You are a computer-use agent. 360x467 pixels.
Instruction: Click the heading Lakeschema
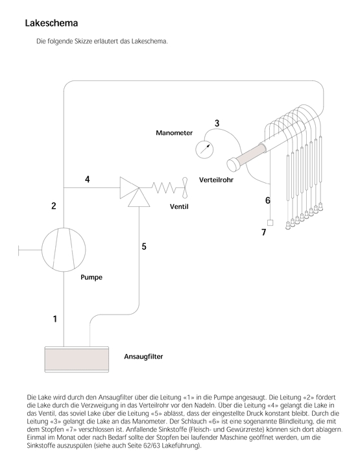(x=51, y=23)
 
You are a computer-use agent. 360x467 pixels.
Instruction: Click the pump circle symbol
(x=63, y=248)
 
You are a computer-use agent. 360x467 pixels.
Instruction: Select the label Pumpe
(x=91, y=277)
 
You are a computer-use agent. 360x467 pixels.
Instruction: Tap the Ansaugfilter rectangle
(x=76, y=359)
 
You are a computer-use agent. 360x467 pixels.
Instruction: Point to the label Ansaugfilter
(x=143, y=357)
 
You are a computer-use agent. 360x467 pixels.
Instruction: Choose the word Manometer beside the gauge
(x=174, y=133)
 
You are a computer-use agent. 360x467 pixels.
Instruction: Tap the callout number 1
(x=55, y=318)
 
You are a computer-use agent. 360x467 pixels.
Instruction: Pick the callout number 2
(x=54, y=206)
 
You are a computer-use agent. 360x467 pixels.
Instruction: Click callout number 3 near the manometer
(x=217, y=123)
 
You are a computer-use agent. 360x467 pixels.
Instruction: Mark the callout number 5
(x=144, y=246)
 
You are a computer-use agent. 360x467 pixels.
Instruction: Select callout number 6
(x=267, y=200)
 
